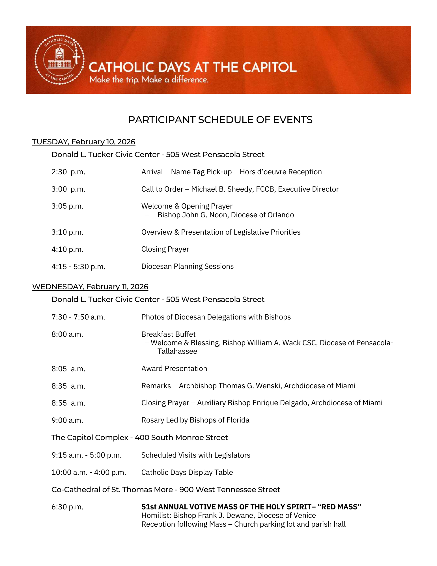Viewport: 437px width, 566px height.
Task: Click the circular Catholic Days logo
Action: click(x=59, y=60)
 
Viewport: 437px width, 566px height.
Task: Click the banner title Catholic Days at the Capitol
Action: click(x=193, y=67)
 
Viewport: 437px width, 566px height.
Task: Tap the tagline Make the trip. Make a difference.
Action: click(x=149, y=80)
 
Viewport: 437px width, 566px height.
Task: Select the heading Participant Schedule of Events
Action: click(x=220, y=120)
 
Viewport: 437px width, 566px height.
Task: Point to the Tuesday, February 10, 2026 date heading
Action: click(x=84, y=142)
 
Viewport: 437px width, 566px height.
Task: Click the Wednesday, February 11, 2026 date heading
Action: click(x=90, y=287)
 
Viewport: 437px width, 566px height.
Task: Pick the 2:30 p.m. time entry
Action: click(x=68, y=172)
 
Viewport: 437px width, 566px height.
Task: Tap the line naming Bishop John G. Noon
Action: click(x=225, y=215)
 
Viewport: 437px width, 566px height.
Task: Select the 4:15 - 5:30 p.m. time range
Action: click(x=78, y=267)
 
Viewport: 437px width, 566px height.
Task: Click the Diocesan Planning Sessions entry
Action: click(x=187, y=267)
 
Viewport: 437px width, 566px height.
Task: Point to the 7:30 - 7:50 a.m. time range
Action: click(x=78, y=317)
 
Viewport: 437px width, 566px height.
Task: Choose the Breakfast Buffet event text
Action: click(x=168, y=334)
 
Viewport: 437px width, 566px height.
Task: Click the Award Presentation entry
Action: click(x=174, y=369)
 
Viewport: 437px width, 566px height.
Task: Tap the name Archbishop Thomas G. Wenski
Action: click(x=230, y=386)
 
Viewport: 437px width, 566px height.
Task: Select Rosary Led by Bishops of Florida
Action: click(x=195, y=420)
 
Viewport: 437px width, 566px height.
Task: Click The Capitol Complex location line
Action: click(x=139, y=438)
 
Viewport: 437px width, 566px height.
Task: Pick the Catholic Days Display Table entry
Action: click(x=187, y=473)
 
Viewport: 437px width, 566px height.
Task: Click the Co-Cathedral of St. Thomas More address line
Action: click(x=165, y=490)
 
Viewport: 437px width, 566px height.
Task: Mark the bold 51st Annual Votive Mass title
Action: click(x=251, y=507)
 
